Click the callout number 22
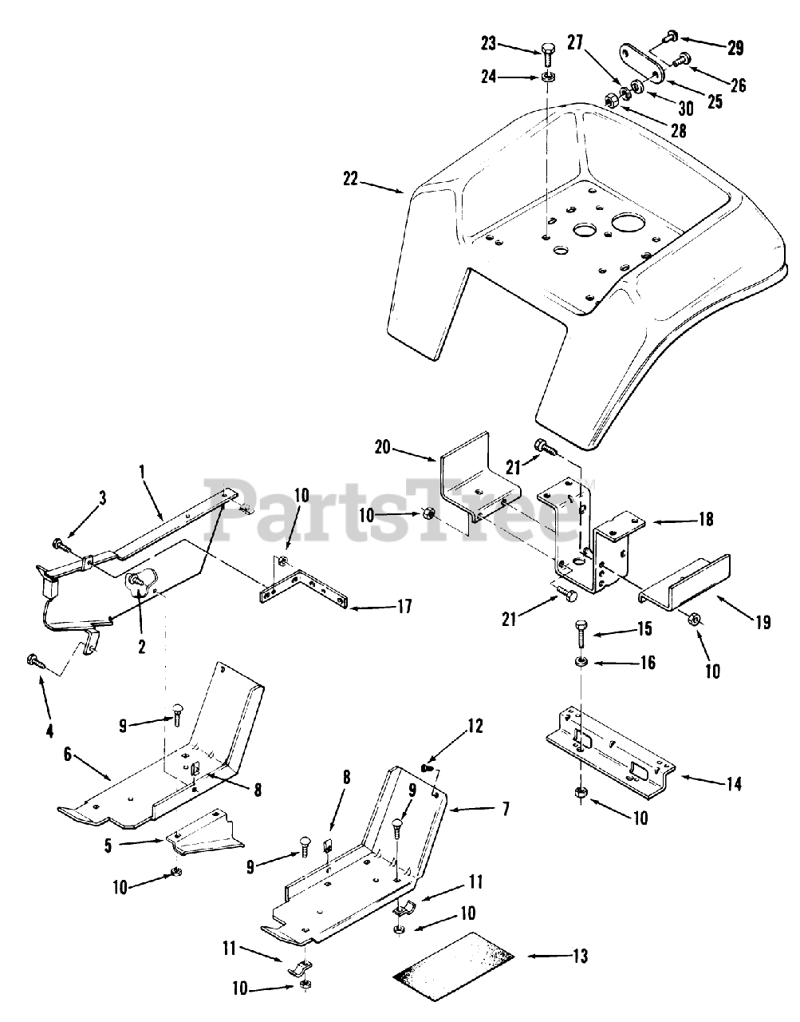pyautogui.click(x=350, y=180)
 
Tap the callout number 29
pyautogui.click(x=735, y=48)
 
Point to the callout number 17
pyautogui.click(x=404, y=607)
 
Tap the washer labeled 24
pyautogui.click(x=547, y=77)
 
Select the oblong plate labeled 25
pyautogui.click(x=642, y=62)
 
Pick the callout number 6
pyautogui.click(x=68, y=753)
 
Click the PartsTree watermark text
pyautogui.click(x=399, y=515)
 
